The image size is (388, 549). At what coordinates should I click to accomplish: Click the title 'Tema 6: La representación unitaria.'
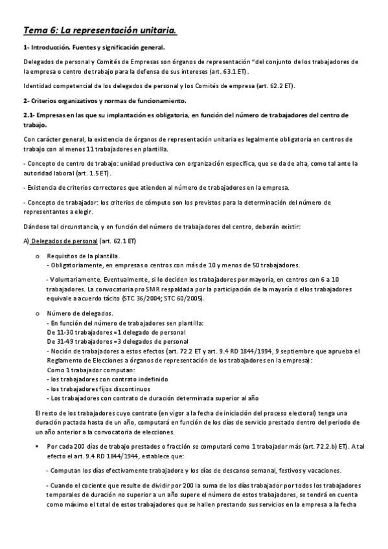click(100, 30)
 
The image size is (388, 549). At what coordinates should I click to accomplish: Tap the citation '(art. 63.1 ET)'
click(227, 71)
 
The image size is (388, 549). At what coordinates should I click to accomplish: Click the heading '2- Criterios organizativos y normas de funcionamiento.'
click(104, 100)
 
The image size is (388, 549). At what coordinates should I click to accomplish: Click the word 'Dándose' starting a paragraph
click(36, 227)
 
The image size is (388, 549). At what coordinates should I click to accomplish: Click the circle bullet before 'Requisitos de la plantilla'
click(37, 256)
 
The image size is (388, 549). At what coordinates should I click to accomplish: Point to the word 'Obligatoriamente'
click(74, 265)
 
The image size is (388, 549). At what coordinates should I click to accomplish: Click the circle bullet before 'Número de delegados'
click(37, 313)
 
